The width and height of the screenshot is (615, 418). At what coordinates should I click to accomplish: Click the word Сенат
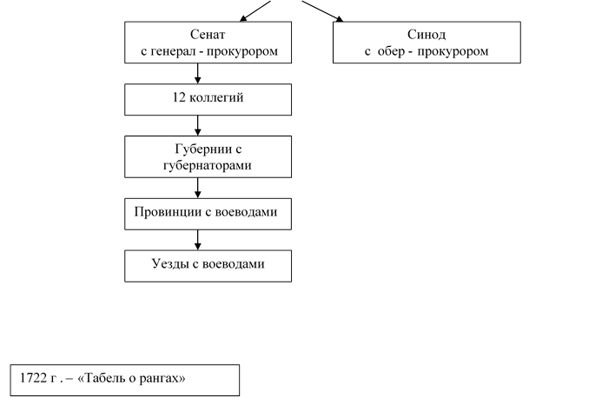[208, 35]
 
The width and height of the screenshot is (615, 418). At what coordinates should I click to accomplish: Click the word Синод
[427, 35]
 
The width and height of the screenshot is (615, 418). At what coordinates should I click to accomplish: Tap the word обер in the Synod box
[391, 51]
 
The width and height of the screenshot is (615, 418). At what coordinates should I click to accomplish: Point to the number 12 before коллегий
[179, 97]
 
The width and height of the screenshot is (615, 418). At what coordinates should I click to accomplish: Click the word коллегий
[216, 97]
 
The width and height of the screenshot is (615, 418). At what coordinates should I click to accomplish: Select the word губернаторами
[207, 166]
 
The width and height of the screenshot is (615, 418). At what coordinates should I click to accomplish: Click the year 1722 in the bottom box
[33, 378]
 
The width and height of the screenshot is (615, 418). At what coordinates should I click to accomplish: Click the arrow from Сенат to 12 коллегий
[198, 73]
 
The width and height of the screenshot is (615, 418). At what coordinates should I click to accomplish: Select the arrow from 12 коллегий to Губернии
[198, 126]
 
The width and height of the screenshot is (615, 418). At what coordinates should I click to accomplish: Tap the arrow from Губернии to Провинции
[198, 188]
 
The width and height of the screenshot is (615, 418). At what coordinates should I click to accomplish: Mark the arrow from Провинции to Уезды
[198, 240]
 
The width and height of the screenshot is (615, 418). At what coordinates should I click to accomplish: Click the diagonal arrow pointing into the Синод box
[322, 11]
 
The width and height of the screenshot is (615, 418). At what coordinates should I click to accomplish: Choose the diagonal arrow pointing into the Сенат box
[255, 10]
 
